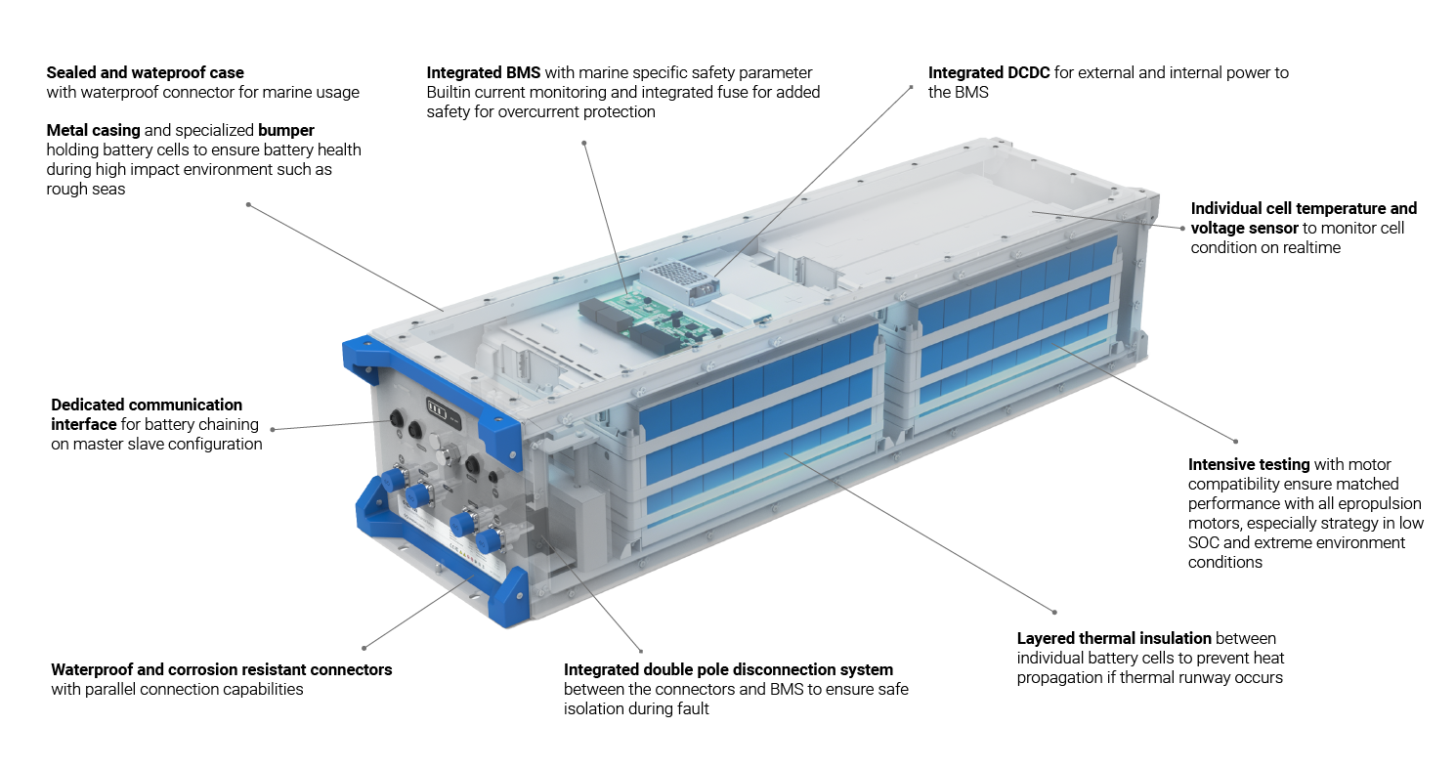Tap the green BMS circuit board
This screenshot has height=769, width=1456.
(650, 320)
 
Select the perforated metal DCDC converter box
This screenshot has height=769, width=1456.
(678, 281)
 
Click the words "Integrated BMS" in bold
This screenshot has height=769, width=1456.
(483, 73)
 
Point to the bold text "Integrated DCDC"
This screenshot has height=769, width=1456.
(989, 73)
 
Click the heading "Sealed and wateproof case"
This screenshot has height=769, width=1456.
(145, 73)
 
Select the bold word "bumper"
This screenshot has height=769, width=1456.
(286, 131)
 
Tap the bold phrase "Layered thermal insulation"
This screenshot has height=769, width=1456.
(1114, 638)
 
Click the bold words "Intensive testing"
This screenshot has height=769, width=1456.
(1249, 465)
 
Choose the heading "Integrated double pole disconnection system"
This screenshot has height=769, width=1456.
(728, 669)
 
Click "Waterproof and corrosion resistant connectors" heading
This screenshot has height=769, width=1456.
(222, 669)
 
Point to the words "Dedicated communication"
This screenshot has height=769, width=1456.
(147, 405)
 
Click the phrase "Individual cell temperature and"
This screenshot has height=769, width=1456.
(1304, 209)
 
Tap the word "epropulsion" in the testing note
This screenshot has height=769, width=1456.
(1380, 504)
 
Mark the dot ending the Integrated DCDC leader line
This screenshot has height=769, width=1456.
(912, 86)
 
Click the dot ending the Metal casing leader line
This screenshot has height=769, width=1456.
(248, 205)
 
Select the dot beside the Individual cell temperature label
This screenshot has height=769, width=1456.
(1183, 229)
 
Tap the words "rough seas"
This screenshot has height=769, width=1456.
(86, 190)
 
